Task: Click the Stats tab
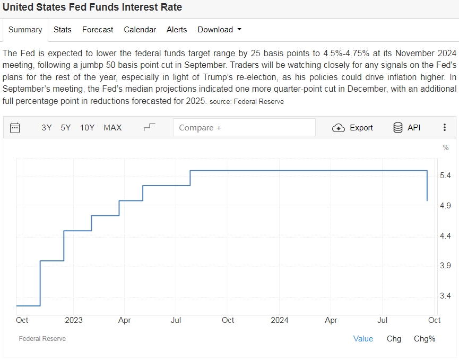coord(62,30)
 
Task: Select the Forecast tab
coord(98,30)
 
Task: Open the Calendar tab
coord(140,30)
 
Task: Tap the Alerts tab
coord(177,30)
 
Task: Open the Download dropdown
coord(219,30)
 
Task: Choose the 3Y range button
coord(47,128)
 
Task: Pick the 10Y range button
coord(87,128)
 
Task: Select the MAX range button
coord(112,128)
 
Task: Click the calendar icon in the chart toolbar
coord(15,128)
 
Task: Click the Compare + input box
coord(244,128)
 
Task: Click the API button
coord(406,128)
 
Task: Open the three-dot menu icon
coord(445,128)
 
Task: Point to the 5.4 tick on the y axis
coord(446,175)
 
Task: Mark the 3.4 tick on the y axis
coord(446,296)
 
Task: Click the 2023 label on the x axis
coord(74,320)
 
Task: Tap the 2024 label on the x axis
coord(280,320)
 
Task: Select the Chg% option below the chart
coord(425,339)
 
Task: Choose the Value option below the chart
coord(363,339)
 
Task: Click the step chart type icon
coord(150,127)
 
